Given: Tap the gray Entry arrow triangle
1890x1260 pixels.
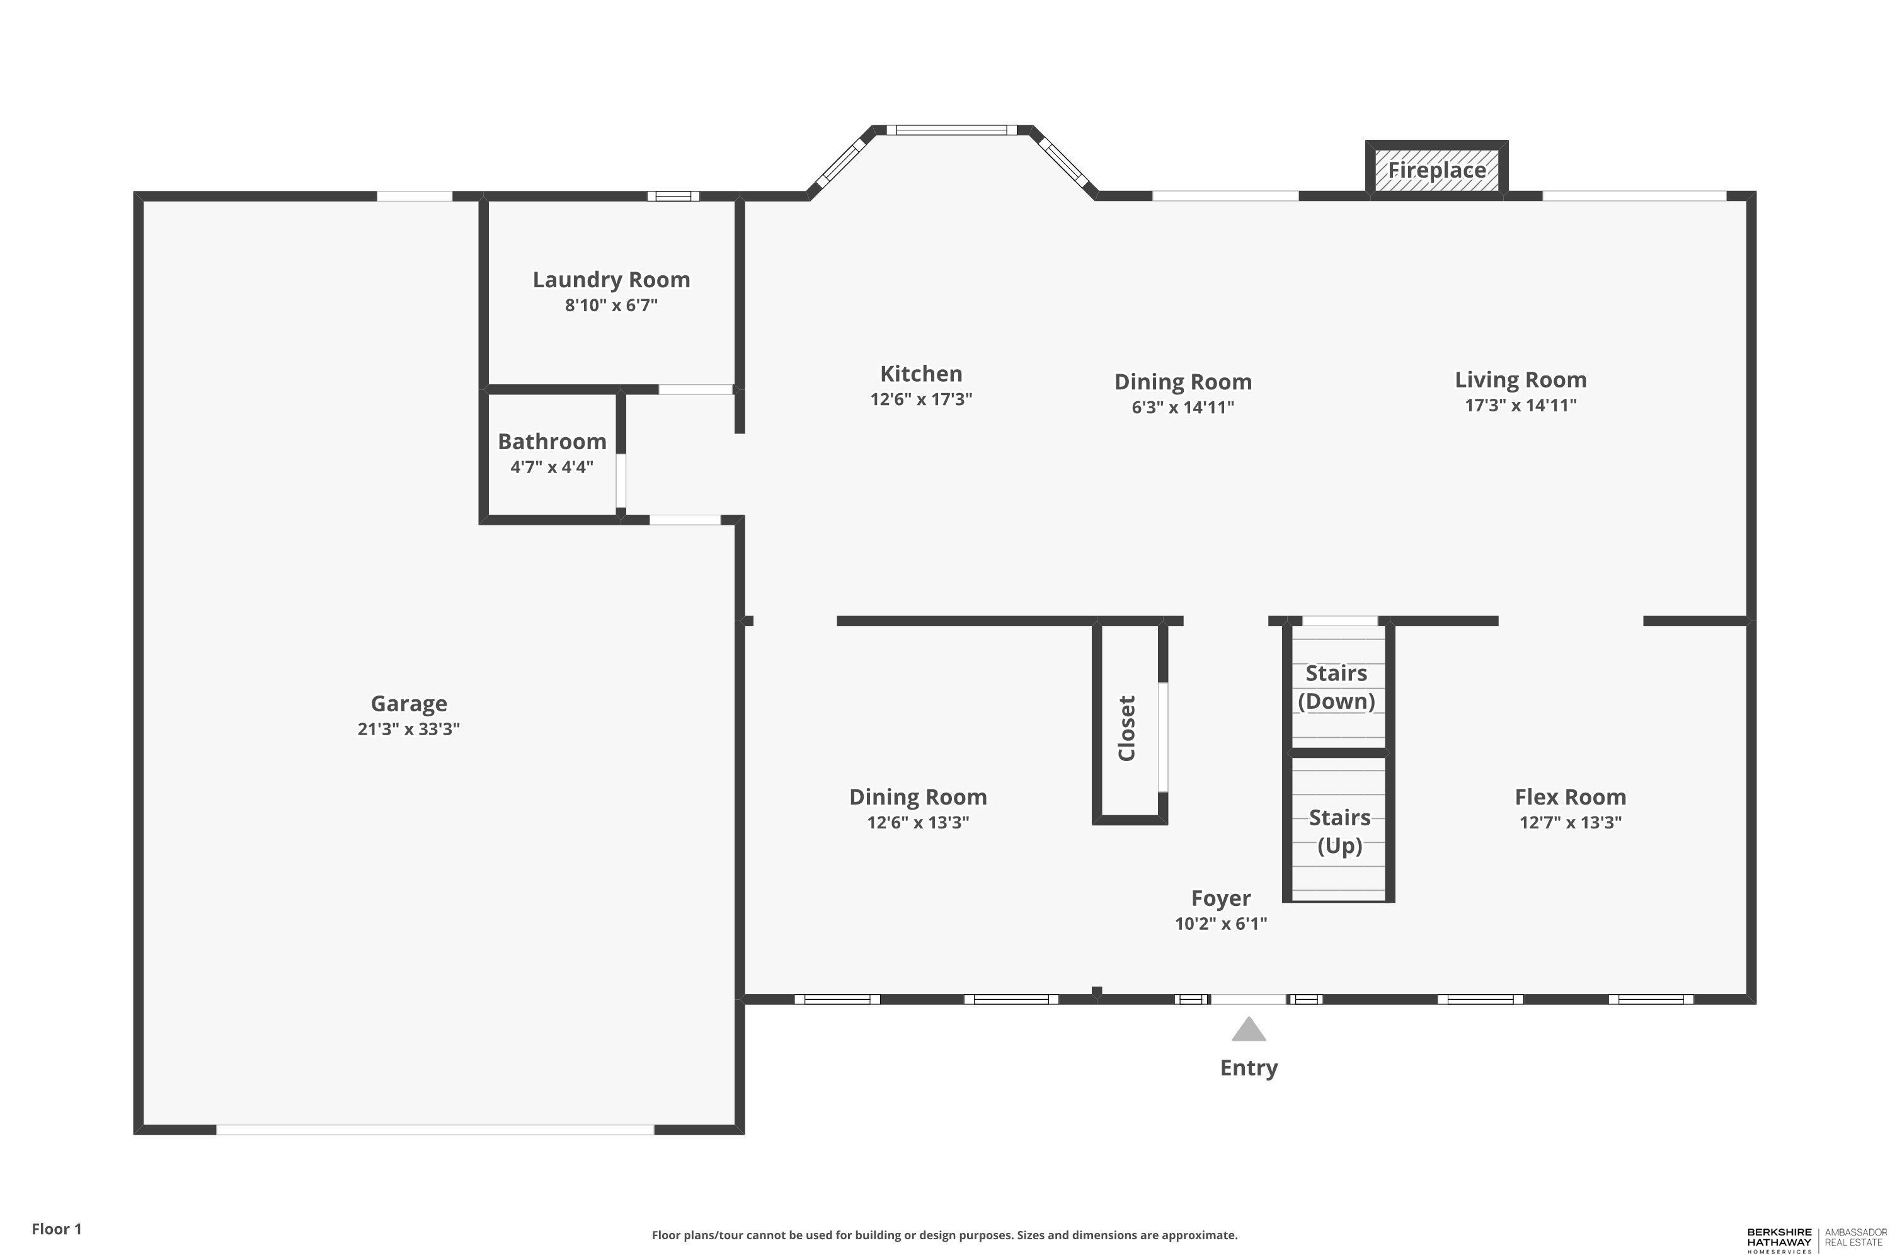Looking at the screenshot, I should pyautogui.click(x=1248, y=1030).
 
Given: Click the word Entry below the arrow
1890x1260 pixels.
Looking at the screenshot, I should pyautogui.click(x=1248, y=1068).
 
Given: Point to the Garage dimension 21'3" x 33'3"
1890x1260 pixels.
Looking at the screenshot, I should pyautogui.click(x=408, y=729).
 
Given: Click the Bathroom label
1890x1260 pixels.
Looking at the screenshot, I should pyautogui.click(x=551, y=441).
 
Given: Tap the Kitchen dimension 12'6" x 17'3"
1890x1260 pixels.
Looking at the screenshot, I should pyautogui.click(x=921, y=399).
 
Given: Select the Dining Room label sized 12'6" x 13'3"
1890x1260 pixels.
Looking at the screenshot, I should pyautogui.click(x=918, y=797).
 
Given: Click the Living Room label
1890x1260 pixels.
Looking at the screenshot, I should pyautogui.click(x=1520, y=379).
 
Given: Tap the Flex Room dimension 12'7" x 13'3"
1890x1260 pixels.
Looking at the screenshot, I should pyautogui.click(x=1570, y=822).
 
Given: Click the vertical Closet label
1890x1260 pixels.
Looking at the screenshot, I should pyautogui.click(x=1126, y=728).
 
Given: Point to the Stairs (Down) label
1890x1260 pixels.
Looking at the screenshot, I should pyautogui.click(x=1336, y=687).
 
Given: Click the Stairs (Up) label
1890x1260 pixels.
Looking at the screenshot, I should pyautogui.click(x=1339, y=832).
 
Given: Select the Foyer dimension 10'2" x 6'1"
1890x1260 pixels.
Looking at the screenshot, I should pyautogui.click(x=1221, y=924).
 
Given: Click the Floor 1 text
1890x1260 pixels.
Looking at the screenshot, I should pyautogui.click(x=56, y=1228).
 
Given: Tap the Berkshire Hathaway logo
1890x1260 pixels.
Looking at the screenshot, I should pyautogui.click(x=1779, y=1239).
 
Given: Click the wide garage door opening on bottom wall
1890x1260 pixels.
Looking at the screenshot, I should pyautogui.click(x=435, y=1130).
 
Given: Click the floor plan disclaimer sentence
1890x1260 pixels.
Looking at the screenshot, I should pyautogui.click(x=944, y=1235).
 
